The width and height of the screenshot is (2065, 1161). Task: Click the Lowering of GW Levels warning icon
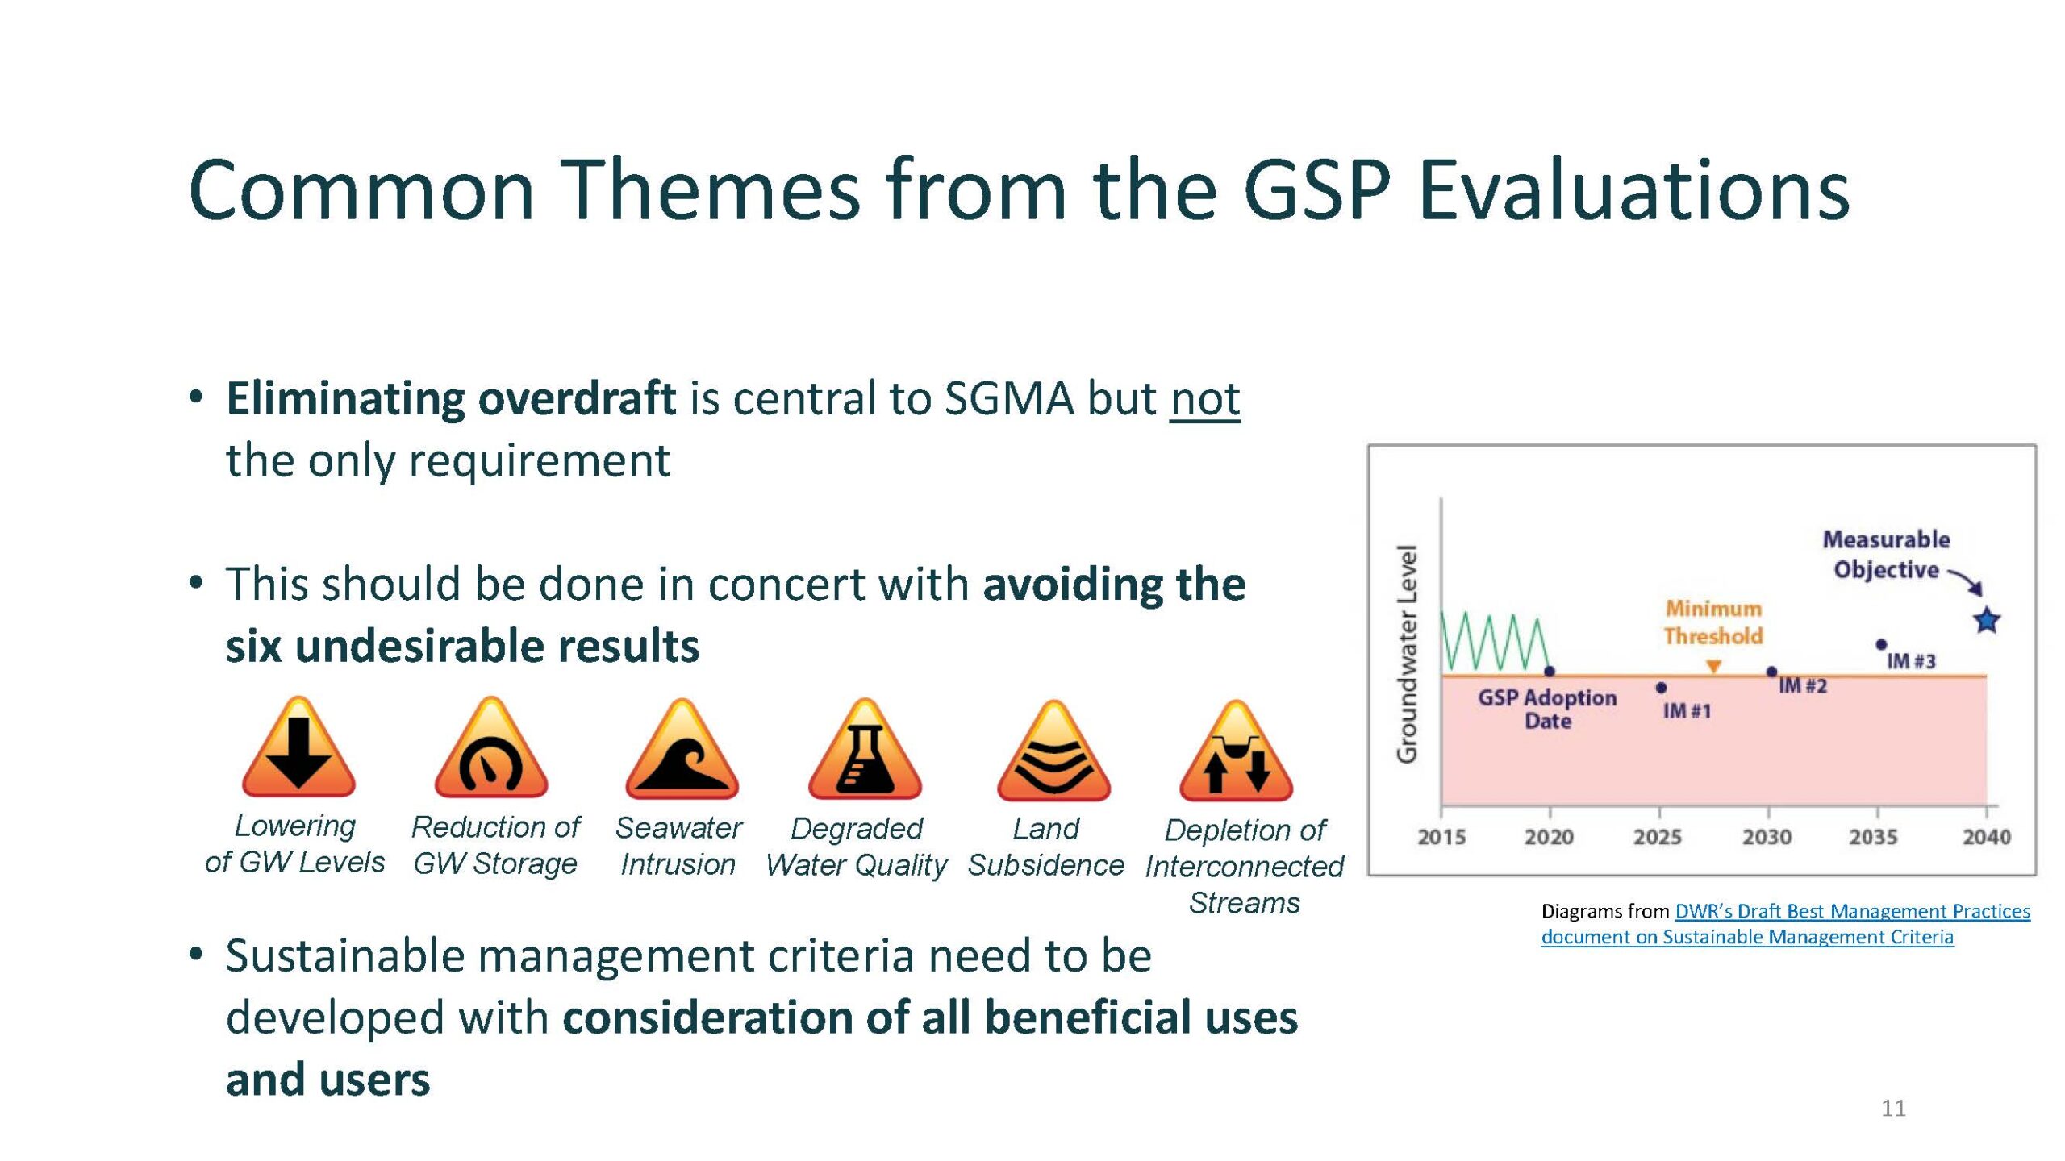coord(298,750)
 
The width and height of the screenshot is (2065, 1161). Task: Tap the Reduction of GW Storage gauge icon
coord(491,750)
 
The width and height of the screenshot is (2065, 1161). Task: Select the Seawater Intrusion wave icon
coord(682,750)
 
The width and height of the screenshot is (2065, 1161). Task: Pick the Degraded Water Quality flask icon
coord(866,750)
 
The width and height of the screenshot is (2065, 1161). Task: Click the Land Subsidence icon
coord(1054,751)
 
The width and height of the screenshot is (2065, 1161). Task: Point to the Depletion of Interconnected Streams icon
coord(1237,751)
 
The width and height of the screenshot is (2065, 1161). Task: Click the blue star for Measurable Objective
coord(1987,620)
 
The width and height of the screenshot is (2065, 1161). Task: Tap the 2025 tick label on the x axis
coord(1658,837)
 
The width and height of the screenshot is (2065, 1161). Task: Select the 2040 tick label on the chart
coord(1987,837)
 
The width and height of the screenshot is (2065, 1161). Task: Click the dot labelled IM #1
coord(1661,688)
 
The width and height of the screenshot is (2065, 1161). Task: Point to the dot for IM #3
coord(1881,644)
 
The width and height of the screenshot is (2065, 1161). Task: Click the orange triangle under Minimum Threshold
coord(1714,666)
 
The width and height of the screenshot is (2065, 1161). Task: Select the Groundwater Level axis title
coord(1407,654)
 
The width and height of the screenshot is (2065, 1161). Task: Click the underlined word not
coord(1205,398)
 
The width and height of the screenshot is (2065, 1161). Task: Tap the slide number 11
coord(1894,1109)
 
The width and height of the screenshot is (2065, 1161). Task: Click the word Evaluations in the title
coord(1633,190)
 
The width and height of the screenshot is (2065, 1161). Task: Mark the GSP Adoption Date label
coord(1547,709)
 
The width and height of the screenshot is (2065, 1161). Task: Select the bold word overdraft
coord(577,398)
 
